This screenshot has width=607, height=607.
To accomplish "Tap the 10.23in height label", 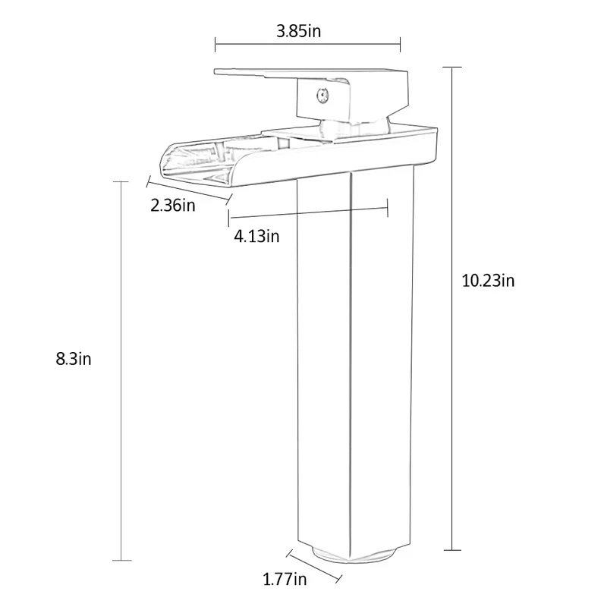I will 489,280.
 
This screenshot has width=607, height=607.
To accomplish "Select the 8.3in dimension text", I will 74,359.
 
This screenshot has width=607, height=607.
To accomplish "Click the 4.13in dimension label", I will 256,236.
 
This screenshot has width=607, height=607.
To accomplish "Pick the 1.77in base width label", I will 285,580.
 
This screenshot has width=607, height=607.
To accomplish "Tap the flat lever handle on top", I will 288,74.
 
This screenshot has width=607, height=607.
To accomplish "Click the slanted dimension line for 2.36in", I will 188,190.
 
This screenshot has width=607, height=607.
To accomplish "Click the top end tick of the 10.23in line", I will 454,68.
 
